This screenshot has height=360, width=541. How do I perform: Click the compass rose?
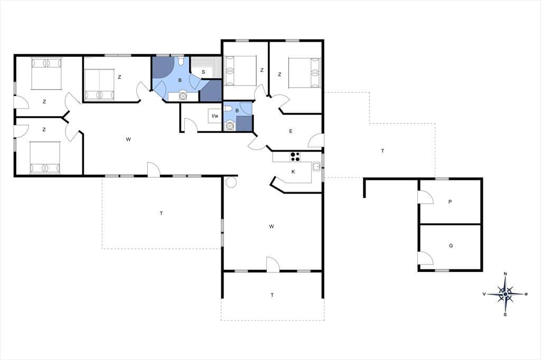tap(505, 294)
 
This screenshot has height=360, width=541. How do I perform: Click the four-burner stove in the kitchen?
tap(295, 157)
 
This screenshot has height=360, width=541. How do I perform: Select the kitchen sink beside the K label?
tap(317, 167)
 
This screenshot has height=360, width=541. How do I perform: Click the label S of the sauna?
tap(203, 72)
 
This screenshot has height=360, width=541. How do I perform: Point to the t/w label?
tap(215, 116)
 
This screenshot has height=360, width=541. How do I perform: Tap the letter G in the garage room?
tap(451, 245)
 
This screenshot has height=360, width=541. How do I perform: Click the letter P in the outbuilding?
tap(450, 202)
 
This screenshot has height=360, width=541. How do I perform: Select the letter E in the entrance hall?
tap(291, 131)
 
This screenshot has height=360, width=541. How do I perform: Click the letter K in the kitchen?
tap(293, 172)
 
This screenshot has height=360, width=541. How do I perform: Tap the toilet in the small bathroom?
tap(228, 109)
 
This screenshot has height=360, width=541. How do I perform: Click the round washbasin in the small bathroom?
tap(229, 127)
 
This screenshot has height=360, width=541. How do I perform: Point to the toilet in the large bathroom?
tap(181, 62)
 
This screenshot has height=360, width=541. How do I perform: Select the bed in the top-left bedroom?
tap(46, 74)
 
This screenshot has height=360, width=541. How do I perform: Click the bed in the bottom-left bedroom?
tap(45, 157)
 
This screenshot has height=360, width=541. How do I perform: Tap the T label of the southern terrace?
tap(272, 295)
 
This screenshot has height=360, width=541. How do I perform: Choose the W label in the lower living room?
tap(272, 226)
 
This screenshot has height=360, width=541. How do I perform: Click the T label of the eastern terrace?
tap(383, 151)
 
